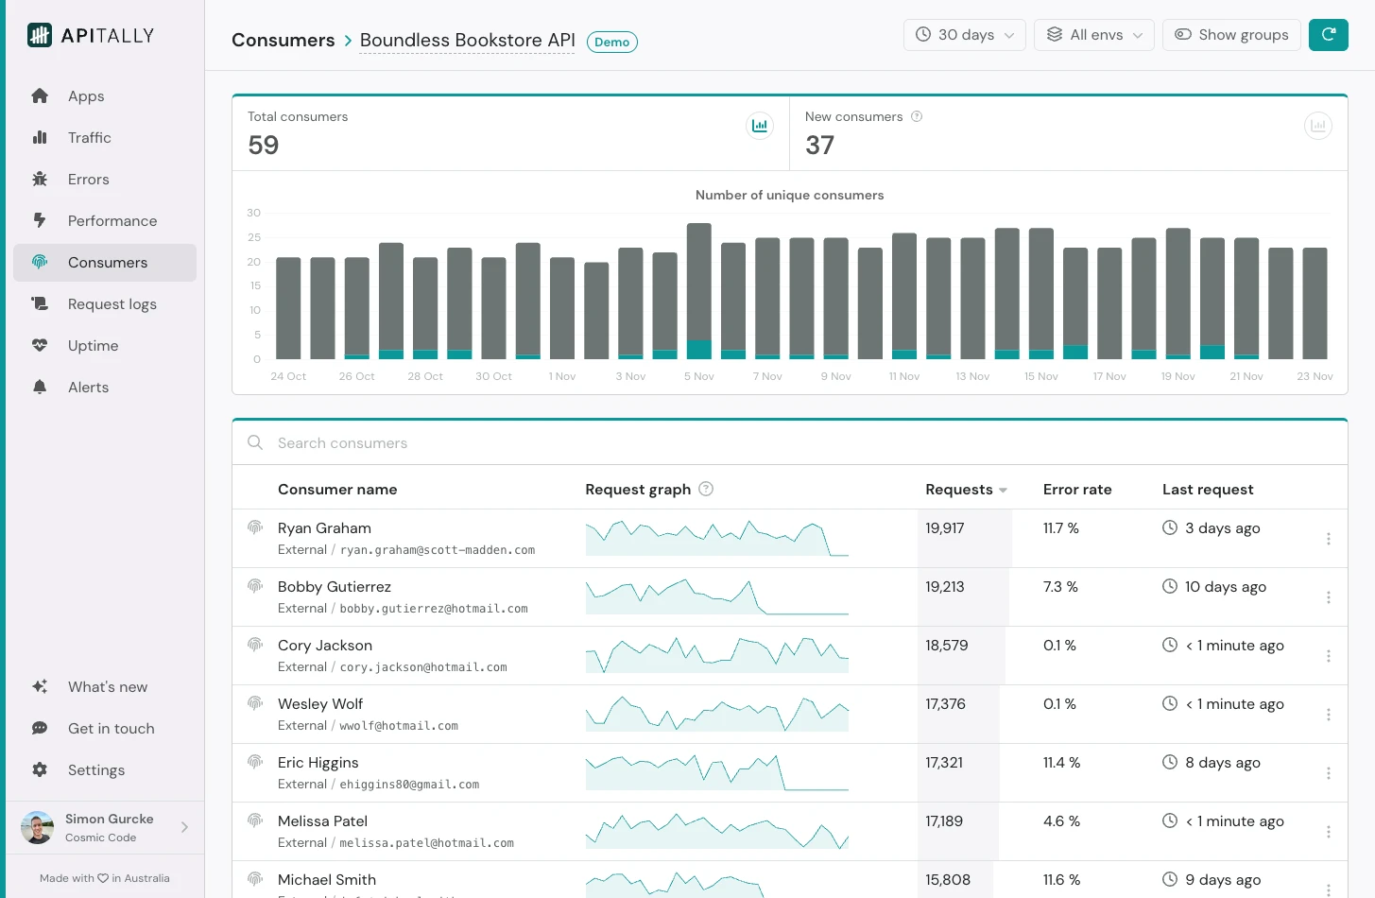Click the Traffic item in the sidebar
pos(89,138)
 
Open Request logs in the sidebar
pos(112,304)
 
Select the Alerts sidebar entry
pos(88,388)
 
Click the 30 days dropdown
pos(964,35)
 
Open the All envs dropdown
pos(1093,35)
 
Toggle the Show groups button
pos(1230,35)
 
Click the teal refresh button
pos(1328,35)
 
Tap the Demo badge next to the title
pos(611,42)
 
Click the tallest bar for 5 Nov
pos(698,284)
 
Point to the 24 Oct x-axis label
pos(288,376)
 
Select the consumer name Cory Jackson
pos(324,646)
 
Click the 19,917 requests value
pos(944,528)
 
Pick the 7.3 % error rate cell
pos(1059,587)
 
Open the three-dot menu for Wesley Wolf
pos(1328,715)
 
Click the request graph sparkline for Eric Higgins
pos(716,773)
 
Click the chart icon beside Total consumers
pos(759,126)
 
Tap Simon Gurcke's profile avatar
pos(38,827)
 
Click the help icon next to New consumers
pos(916,116)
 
